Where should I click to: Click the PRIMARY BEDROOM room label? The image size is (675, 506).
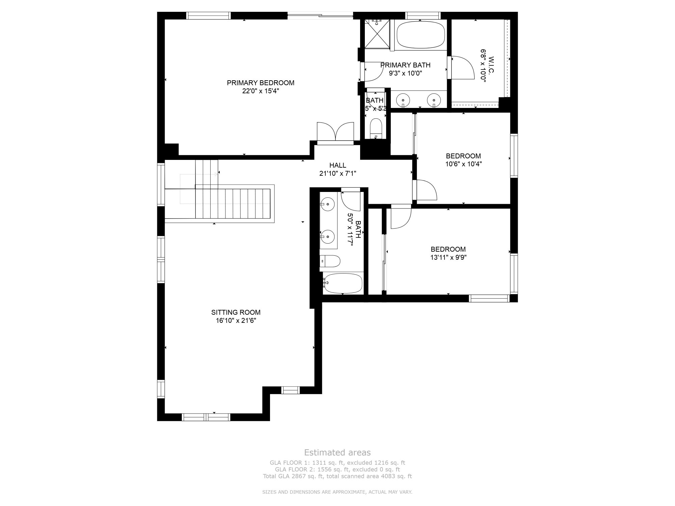[260, 83]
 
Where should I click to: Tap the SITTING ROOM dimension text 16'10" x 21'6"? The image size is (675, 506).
[236, 321]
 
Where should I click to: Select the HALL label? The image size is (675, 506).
[337, 165]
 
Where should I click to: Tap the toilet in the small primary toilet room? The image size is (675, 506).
[375, 128]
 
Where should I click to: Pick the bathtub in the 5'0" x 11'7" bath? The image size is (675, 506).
[343, 283]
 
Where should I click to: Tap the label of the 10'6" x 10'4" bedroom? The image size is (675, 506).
[463, 156]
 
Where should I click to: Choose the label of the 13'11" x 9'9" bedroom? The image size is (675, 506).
[448, 249]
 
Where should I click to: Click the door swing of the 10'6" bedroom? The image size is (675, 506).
[426, 191]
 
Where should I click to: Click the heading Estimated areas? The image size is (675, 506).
[337, 452]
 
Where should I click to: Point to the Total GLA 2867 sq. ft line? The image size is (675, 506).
[337, 476]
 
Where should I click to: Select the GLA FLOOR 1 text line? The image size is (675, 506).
[337, 463]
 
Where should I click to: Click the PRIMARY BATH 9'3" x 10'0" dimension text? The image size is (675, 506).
[405, 73]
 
